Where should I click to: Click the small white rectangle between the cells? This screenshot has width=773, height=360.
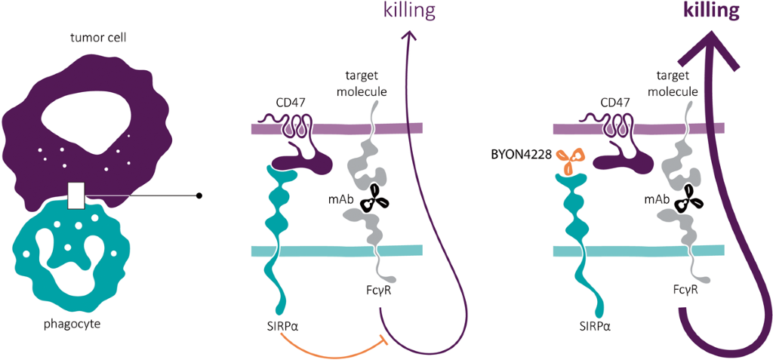coord(75,195)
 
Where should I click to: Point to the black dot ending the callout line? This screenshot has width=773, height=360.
coord(199,195)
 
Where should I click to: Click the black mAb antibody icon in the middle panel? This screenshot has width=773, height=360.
coord(374,201)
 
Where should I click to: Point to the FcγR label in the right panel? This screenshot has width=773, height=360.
coord(688,289)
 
